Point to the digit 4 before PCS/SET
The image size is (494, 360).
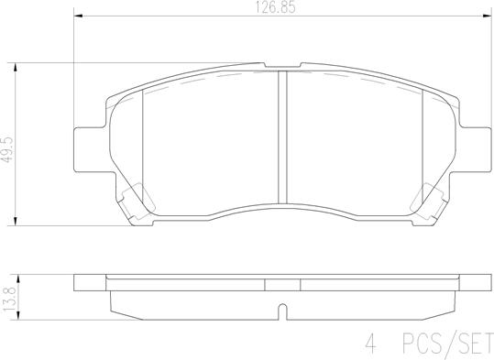[373, 345]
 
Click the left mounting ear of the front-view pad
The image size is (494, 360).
[84, 145]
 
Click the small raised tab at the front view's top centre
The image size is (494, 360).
[282, 66]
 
